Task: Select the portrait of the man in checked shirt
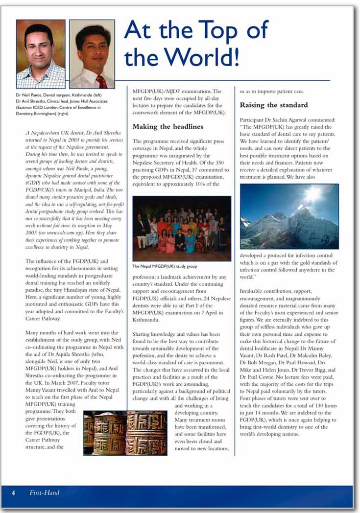(41, 53)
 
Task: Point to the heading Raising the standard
(274, 105)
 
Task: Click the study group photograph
(182, 229)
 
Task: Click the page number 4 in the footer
(13, 493)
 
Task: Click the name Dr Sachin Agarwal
(290, 119)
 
